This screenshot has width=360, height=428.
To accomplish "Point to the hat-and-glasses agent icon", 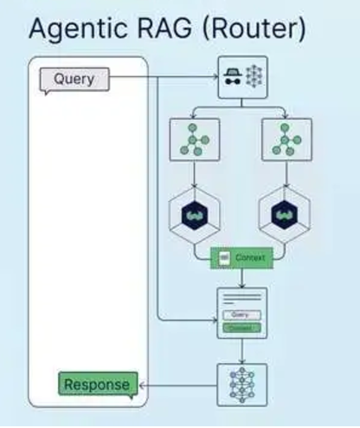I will click(231, 78).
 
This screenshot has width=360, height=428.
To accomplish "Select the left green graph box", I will click(195, 140).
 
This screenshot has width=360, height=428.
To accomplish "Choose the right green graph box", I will click(286, 140).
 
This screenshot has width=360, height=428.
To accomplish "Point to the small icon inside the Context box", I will click(224, 257).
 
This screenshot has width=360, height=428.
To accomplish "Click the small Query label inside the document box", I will click(241, 315).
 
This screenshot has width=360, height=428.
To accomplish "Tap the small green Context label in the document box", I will click(241, 327).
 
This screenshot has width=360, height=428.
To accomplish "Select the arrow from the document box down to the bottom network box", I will click(241, 352).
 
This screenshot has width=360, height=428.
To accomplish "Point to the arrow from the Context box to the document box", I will click(241, 278).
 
